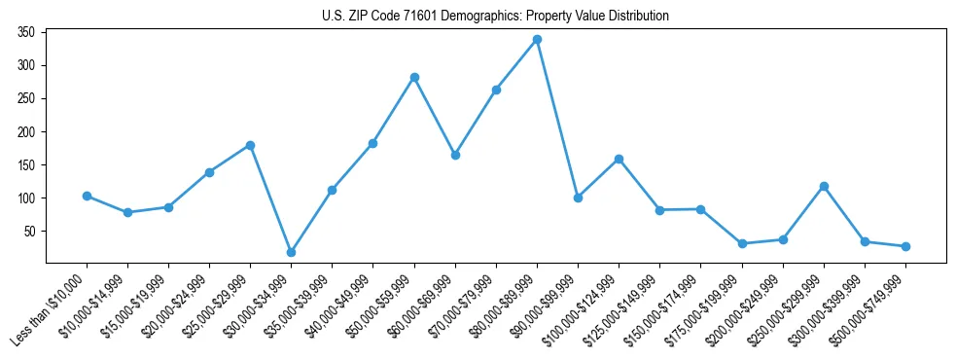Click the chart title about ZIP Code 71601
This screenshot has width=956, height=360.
(495, 16)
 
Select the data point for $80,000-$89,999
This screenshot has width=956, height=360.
(537, 40)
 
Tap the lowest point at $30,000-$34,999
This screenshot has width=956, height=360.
(291, 252)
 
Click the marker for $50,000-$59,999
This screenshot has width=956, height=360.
(414, 77)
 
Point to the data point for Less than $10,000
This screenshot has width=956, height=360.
(87, 196)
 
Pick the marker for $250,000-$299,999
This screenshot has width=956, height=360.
(824, 186)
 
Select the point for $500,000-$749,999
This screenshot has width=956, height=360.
(905, 246)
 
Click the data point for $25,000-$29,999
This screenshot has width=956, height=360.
(250, 145)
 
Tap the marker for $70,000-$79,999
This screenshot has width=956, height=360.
(496, 90)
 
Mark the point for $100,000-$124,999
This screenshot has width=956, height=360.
(619, 159)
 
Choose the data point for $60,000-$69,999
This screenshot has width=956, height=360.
(455, 155)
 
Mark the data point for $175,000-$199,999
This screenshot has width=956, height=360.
(742, 243)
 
